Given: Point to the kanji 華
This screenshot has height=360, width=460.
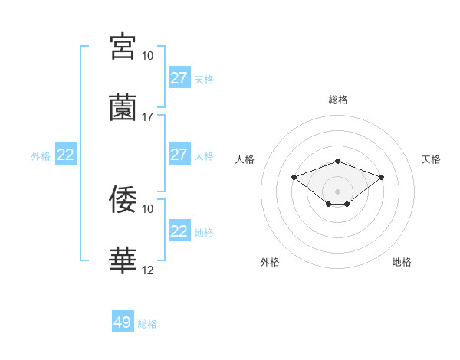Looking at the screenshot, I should (123, 260).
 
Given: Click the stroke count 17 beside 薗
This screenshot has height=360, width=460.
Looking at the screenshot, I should (148, 117).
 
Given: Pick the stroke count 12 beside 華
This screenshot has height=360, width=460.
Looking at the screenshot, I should (148, 270).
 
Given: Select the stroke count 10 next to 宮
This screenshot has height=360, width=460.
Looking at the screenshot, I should (148, 56).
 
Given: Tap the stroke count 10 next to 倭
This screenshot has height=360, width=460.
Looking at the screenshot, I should (148, 208).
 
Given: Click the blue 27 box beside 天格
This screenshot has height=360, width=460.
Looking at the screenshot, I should (179, 78).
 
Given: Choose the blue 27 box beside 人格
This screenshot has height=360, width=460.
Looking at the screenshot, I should (179, 155).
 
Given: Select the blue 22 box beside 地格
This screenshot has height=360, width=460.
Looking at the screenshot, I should (179, 231).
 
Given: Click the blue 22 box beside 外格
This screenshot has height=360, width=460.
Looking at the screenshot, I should (66, 155).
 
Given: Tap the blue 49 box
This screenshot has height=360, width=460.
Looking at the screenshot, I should (123, 322).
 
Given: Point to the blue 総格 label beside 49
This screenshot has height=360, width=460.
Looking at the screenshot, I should (148, 324).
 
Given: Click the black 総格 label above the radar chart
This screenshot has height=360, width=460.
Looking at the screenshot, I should (338, 100).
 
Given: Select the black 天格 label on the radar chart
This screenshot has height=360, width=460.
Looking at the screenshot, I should (432, 159).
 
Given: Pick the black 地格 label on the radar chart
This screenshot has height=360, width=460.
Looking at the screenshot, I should (402, 262).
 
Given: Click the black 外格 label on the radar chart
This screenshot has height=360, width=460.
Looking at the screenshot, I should (270, 262).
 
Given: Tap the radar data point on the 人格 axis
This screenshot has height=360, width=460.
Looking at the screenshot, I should (294, 178).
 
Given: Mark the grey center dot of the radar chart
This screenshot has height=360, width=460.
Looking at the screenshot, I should (338, 191).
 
